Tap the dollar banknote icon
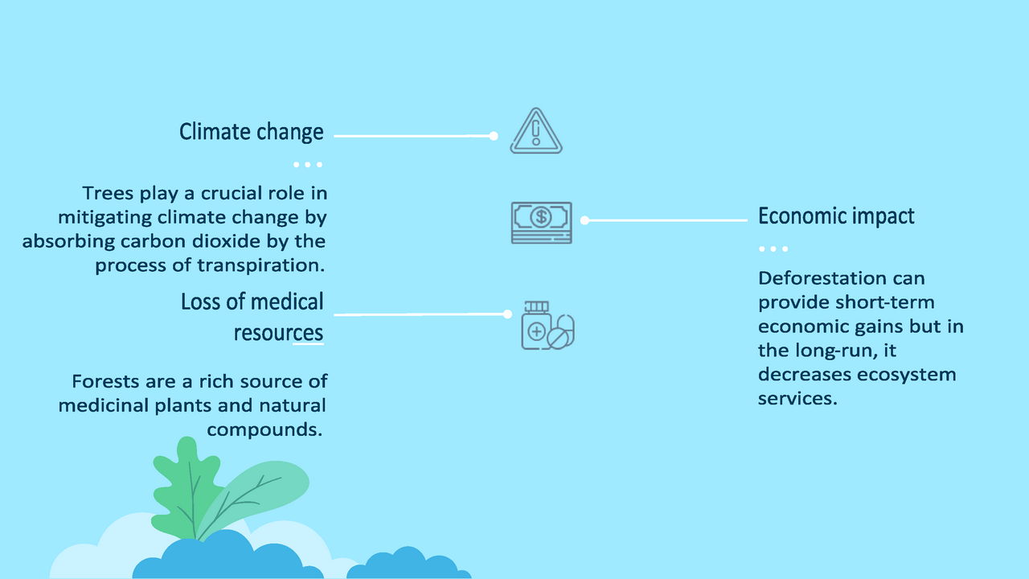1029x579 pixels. point(542,223)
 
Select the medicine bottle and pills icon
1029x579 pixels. point(547,326)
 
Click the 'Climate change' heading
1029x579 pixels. point(252,132)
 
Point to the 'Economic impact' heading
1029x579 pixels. point(836,216)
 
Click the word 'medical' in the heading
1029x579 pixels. point(287,302)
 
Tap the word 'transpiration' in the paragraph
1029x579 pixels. point(260,265)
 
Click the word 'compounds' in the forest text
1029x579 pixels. point(264,430)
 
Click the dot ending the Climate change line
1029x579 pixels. point(494,136)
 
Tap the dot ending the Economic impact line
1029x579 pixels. point(584,220)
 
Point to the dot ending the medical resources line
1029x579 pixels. point(507,314)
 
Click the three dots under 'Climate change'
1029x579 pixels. point(308,165)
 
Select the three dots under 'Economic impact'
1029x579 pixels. point(773,249)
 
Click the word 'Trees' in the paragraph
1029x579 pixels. point(108,194)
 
